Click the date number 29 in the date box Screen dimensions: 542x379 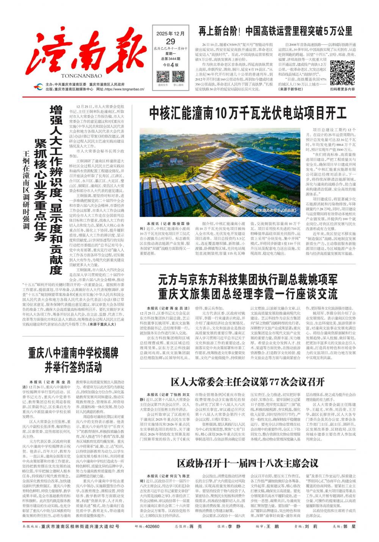(x=171, y=41)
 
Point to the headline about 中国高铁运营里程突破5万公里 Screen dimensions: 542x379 (x=276, y=30)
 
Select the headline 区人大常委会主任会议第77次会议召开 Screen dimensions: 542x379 (x=247, y=381)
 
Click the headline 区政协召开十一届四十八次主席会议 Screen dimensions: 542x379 (x=247, y=463)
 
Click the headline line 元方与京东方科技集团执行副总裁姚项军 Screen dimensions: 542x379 (x=248, y=280)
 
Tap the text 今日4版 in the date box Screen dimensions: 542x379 (x=171, y=65)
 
